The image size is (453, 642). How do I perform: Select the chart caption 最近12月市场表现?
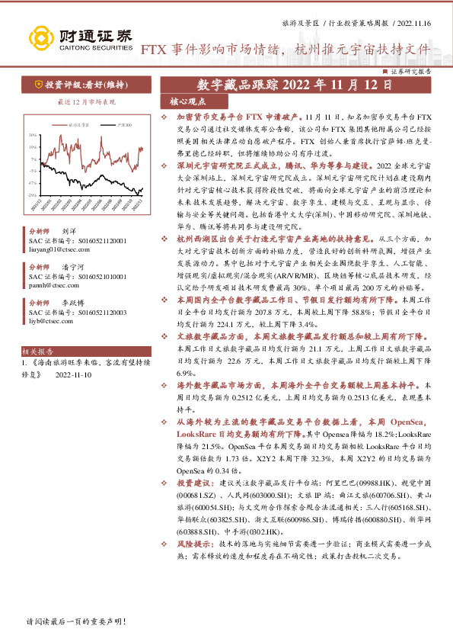tap(76, 101)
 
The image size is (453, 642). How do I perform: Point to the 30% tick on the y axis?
tap(32, 135)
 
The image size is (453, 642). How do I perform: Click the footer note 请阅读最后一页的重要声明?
tap(74, 622)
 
